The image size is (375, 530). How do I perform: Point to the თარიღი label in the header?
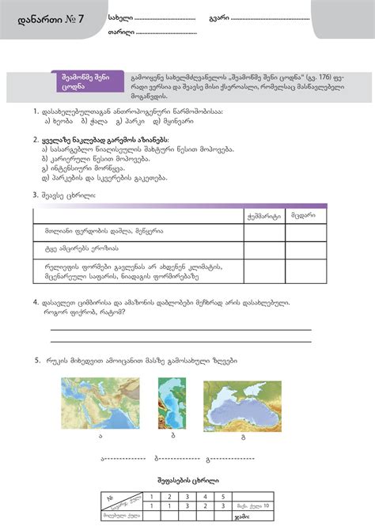(120, 32)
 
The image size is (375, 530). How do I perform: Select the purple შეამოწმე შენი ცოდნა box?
(86, 82)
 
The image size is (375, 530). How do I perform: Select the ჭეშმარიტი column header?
(263, 214)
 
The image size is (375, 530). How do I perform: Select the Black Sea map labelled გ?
(243, 405)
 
